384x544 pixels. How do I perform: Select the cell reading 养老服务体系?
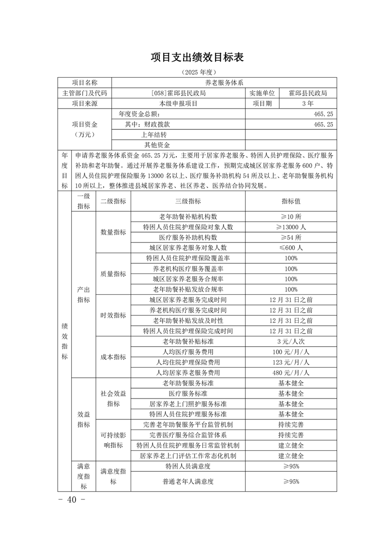[x=224, y=82]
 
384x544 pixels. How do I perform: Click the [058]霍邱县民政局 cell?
[x=178, y=93]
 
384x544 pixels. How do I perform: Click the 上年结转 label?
[x=154, y=134]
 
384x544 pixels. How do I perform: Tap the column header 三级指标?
[x=188, y=202]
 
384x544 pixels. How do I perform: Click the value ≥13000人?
[x=291, y=227]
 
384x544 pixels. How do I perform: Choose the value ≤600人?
[x=291, y=247]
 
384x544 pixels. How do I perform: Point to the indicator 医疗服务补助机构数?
[x=188, y=237]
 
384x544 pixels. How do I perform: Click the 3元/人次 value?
[x=291, y=342]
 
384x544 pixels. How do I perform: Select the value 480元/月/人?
[x=291, y=373]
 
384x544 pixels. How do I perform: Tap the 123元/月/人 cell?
[x=291, y=362]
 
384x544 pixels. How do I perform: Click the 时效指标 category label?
[x=113, y=316]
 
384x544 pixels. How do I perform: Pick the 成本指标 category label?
[x=113, y=357]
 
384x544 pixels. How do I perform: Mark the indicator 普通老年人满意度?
[x=188, y=481]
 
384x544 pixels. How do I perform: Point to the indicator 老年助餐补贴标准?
[x=188, y=342]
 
